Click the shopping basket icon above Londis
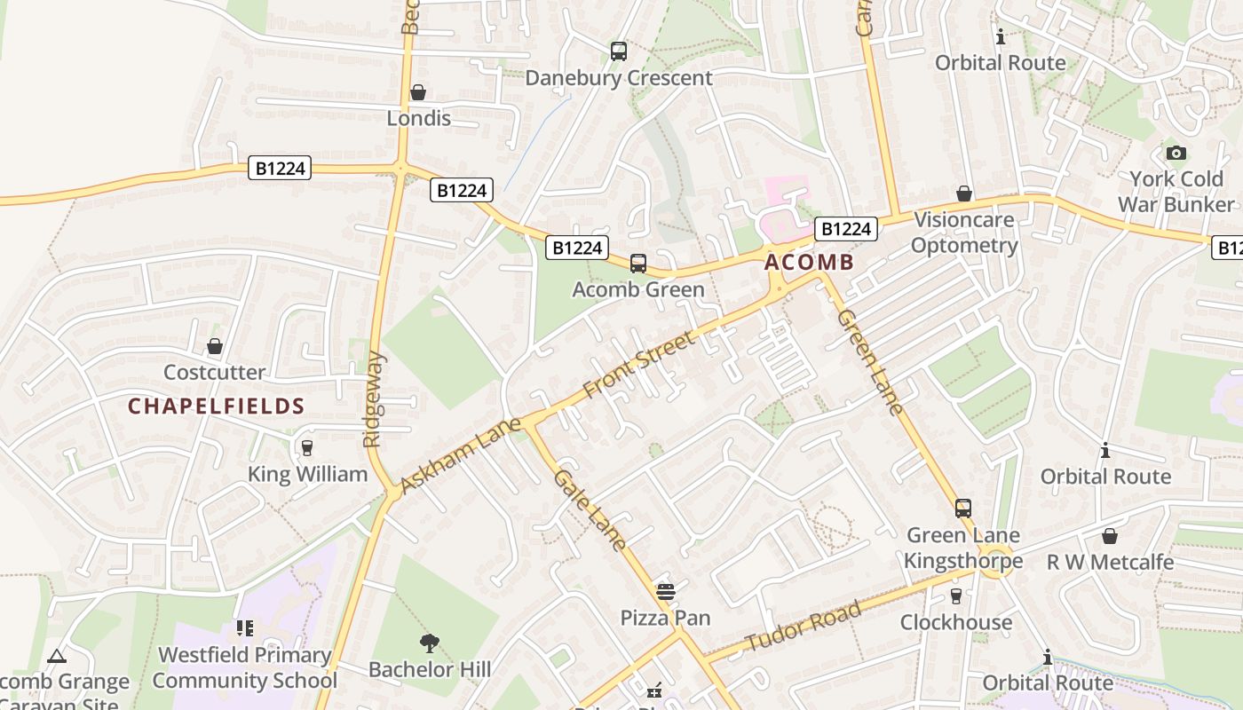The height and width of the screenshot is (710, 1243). pyautogui.click(x=418, y=92)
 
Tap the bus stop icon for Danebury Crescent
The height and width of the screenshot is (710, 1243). pyautogui.click(x=619, y=51)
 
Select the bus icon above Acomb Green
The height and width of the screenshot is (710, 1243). pyautogui.click(x=638, y=263)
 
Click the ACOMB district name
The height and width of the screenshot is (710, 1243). pyautogui.click(x=809, y=262)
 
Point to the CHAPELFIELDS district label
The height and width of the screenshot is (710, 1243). pyautogui.click(x=217, y=406)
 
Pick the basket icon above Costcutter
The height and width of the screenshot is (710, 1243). pyautogui.click(x=215, y=346)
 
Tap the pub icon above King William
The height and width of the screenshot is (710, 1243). pyautogui.click(x=307, y=447)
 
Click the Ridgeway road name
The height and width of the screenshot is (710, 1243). pyautogui.click(x=375, y=399)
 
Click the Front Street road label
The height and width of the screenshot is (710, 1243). pyautogui.click(x=639, y=365)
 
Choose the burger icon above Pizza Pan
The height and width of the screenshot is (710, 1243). pyautogui.click(x=666, y=591)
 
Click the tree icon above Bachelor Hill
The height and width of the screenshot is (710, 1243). pyautogui.click(x=430, y=643)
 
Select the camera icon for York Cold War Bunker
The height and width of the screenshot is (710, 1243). pyautogui.click(x=1176, y=153)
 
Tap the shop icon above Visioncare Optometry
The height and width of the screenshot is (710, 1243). pyautogui.click(x=964, y=193)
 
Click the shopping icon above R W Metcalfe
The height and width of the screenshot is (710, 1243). pyautogui.click(x=1110, y=535)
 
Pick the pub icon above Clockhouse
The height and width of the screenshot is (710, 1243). pyautogui.click(x=956, y=596)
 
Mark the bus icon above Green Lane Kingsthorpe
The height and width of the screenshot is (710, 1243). pyautogui.click(x=963, y=509)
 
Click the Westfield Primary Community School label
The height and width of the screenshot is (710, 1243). pyautogui.click(x=245, y=667)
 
